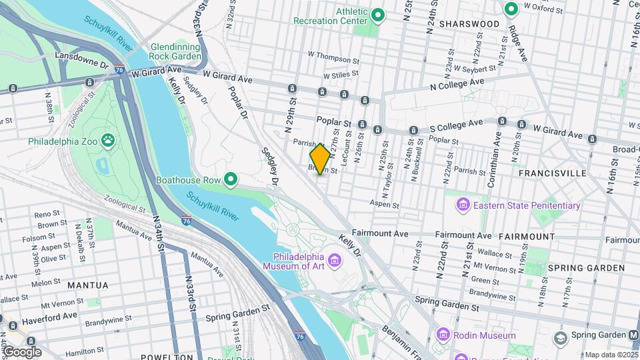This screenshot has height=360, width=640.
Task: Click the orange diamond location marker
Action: pyautogui.click(x=320, y=159)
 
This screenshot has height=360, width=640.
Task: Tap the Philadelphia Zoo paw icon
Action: pyautogui.click(x=108, y=141)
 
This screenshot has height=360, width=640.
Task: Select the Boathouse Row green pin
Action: pyautogui.click(x=231, y=179)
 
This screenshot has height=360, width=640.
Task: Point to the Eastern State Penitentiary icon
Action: pyautogui.click(x=463, y=205)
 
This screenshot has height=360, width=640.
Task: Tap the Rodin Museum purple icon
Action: pyautogui.click(x=443, y=335)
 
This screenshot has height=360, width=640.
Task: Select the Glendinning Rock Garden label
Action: pyautogui.click(x=176, y=52)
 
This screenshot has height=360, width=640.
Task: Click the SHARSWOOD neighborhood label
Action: pyautogui.click(x=472, y=24)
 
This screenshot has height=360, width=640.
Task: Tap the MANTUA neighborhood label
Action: pyautogui.click(x=88, y=285)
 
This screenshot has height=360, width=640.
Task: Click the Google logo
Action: pyautogui.click(x=22, y=352)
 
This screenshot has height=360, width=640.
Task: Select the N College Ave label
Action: pyautogui.click(x=457, y=85)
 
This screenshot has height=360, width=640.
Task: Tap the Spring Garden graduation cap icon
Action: pyautogui.click(x=561, y=335)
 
